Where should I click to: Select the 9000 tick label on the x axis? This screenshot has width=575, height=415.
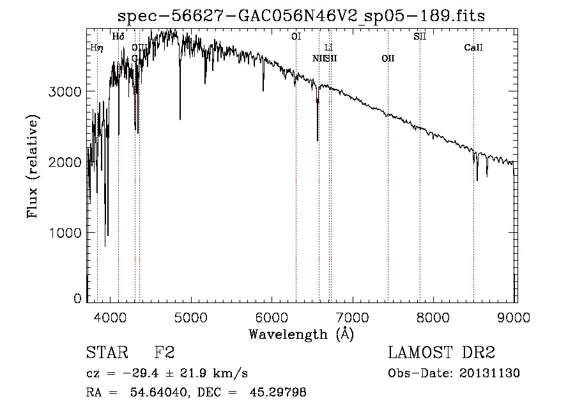[x=515, y=317]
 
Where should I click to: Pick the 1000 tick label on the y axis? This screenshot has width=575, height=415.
[x=66, y=233]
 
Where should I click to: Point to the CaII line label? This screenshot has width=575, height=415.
[x=473, y=48]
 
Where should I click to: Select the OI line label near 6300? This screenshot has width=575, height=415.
[x=296, y=37]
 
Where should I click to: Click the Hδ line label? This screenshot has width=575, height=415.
[x=118, y=37]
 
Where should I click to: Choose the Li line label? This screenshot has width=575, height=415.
[x=328, y=48]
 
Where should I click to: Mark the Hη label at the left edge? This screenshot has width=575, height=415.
[x=96, y=48]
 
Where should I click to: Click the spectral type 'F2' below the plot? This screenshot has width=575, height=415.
[x=164, y=353]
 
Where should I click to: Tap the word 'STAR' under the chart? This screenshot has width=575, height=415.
[x=106, y=353]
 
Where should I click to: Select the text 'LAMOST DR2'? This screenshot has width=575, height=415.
[x=441, y=353]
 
